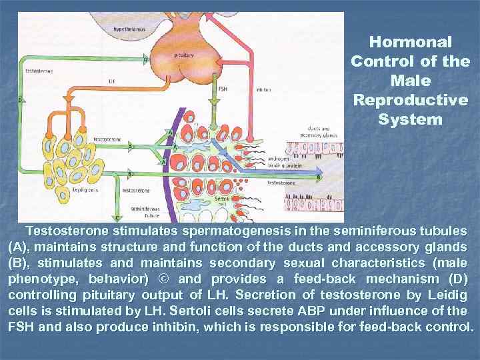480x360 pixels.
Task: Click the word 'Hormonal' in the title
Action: click(x=410, y=41)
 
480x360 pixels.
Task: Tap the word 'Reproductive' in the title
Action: click(x=410, y=100)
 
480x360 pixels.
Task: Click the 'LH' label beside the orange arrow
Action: click(x=111, y=82)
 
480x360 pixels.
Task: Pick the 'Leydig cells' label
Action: click(x=85, y=190)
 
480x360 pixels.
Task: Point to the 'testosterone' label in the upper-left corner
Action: click(x=39, y=70)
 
